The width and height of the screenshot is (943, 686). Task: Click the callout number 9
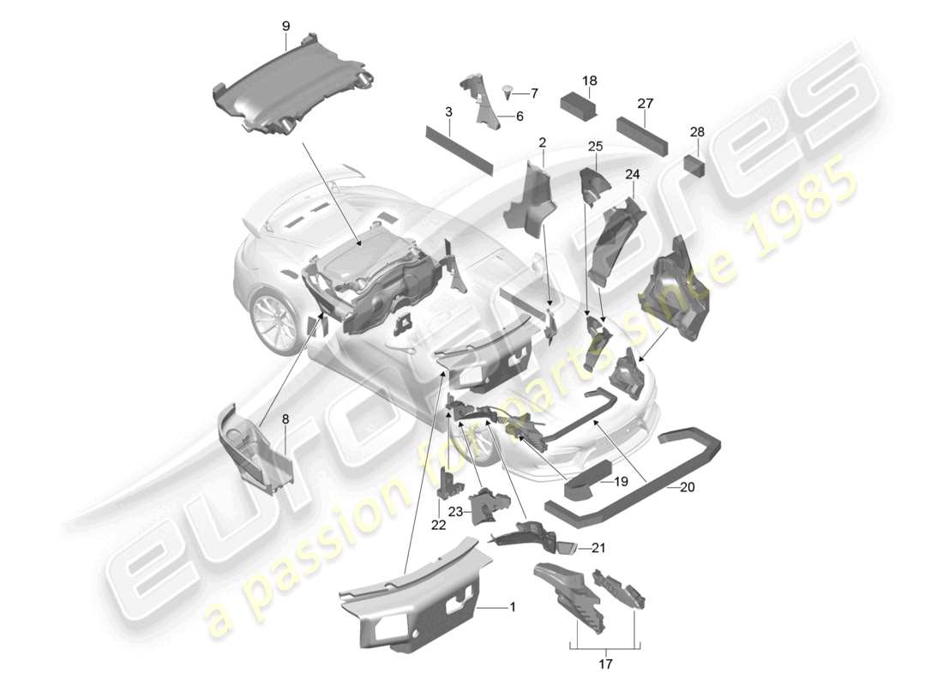(285, 26)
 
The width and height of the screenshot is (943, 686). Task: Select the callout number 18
(589, 81)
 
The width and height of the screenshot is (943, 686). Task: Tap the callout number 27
(646, 104)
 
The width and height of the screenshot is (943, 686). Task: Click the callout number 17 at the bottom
(606, 662)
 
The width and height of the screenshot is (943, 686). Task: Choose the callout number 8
(285, 420)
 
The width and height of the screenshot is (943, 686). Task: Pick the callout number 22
(439, 525)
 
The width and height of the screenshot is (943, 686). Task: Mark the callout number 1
(512, 607)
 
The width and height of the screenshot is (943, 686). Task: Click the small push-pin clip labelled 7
(509, 90)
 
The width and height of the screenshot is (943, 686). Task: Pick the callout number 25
(595, 147)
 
